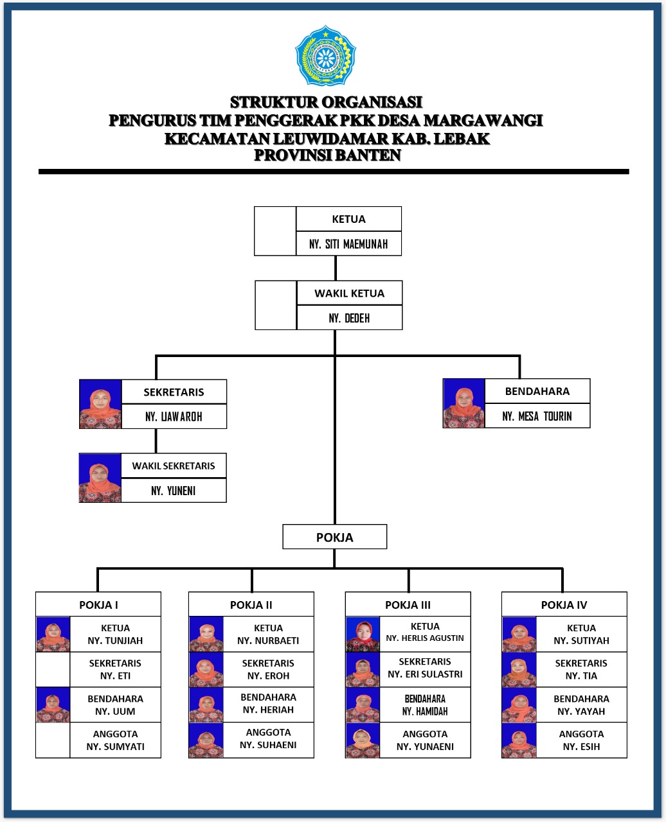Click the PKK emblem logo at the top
coord(325,56)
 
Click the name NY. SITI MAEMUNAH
coord(348,244)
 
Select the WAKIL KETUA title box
coord(349,293)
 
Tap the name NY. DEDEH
coord(349,318)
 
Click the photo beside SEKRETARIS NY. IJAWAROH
coord(100,404)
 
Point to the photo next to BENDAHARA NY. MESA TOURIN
coord(464,403)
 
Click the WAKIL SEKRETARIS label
coord(174,466)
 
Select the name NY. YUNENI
coord(174,491)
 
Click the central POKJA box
coord(334,537)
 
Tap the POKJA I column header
coord(98,604)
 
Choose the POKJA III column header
coord(408,604)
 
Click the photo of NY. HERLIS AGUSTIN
coord(363,634)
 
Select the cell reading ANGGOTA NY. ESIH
coord(581,740)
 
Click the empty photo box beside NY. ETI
coord(53,670)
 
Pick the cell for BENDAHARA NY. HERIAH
coord(268,704)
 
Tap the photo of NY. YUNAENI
coord(363,740)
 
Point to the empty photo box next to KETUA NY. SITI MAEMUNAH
coord(275,231)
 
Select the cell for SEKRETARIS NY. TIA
coord(581,670)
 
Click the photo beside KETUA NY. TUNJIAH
coord(53,634)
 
